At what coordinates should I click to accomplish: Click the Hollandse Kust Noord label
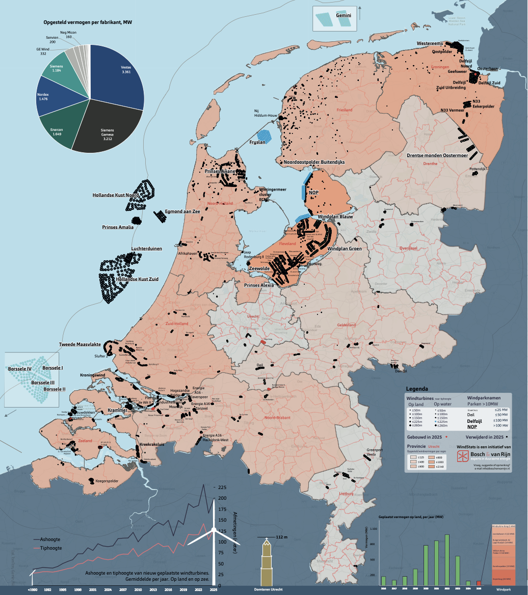point(115,195)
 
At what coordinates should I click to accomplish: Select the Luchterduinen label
point(146,249)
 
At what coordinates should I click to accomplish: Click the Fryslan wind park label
point(257,142)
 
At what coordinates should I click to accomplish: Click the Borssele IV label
point(20,368)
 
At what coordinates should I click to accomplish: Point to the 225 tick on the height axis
point(222,488)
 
